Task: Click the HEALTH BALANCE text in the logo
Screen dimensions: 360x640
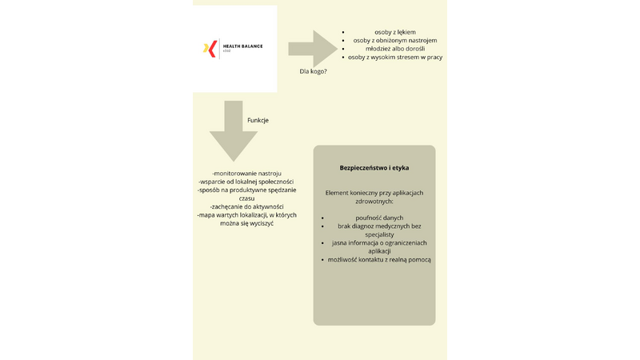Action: click(242, 46)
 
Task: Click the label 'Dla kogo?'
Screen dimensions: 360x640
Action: click(314, 71)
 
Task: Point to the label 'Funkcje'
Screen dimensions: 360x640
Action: click(258, 120)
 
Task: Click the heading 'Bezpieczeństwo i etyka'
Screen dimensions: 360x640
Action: click(374, 168)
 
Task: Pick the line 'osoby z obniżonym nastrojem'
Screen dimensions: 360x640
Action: click(394, 41)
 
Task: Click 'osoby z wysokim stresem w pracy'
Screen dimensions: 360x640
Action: click(395, 58)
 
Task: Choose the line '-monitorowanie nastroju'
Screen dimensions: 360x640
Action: click(246, 174)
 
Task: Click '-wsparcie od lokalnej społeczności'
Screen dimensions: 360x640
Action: click(246, 182)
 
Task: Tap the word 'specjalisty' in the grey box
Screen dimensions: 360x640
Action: click(373, 234)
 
